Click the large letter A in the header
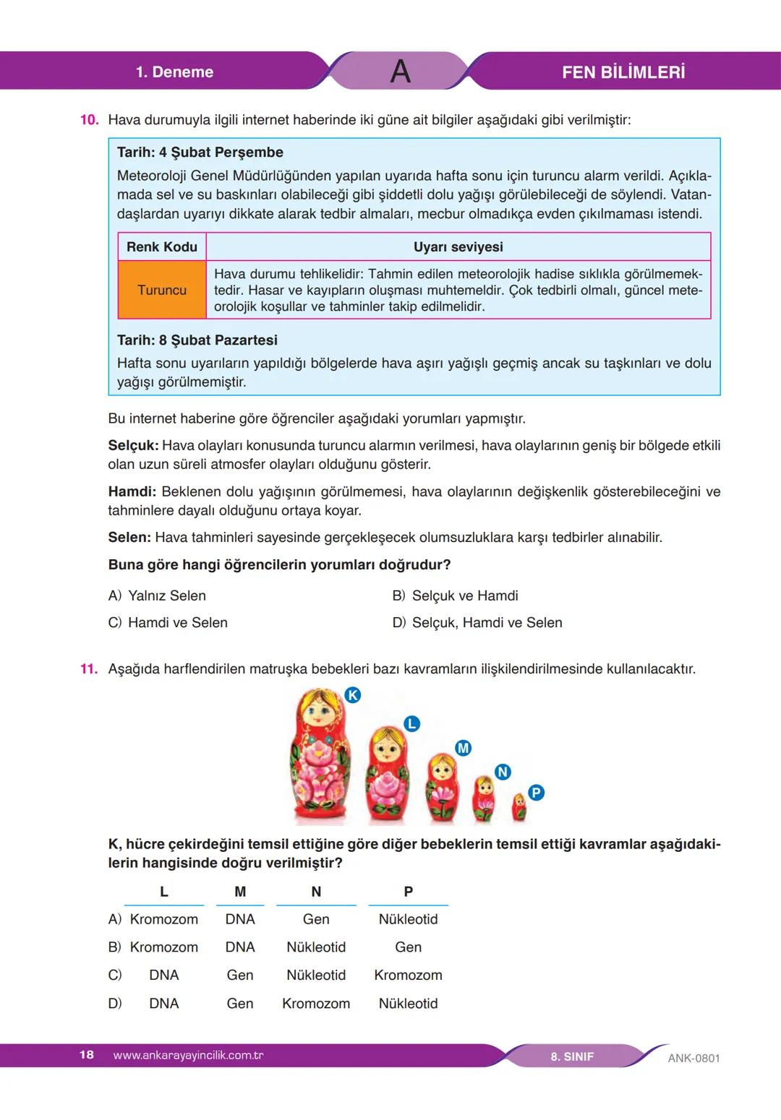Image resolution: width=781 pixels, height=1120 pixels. click(400, 72)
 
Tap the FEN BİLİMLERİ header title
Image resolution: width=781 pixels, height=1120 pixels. click(623, 72)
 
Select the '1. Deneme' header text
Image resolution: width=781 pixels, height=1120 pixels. click(174, 72)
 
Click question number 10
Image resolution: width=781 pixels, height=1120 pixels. click(89, 120)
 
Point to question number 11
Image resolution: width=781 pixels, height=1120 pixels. click(89, 669)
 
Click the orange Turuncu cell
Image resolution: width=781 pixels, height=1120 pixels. click(162, 290)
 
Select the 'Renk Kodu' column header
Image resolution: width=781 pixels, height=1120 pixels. click(162, 247)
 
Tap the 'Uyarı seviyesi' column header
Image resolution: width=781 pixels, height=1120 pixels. click(458, 247)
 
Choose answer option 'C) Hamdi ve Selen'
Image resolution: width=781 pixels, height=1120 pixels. click(168, 623)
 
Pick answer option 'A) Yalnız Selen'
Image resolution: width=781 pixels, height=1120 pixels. click(157, 596)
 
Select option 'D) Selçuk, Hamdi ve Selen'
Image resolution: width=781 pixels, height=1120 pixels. click(477, 623)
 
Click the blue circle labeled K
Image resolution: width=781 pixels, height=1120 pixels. click(352, 695)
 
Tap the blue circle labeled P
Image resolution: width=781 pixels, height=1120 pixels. click(536, 793)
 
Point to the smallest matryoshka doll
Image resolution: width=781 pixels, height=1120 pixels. click(519, 807)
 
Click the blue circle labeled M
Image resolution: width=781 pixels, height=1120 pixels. click(463, 748)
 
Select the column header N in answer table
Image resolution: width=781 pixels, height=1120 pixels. click(316, 892)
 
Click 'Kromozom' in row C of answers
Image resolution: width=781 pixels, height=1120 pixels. click(408, 975)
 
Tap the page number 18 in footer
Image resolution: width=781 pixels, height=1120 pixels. click(86, 1055)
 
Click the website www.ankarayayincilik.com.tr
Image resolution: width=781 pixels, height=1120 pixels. click(188, 1056)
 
